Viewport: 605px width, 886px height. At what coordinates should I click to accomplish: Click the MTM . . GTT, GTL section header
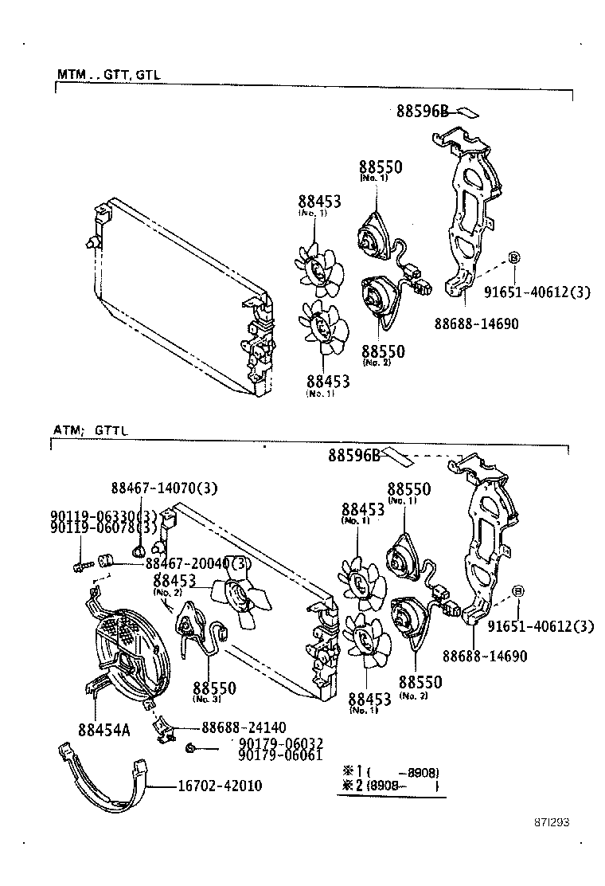coord(108,74)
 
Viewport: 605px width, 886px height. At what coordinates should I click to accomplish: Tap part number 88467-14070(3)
coord(164,488)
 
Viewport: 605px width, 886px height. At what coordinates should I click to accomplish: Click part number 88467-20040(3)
coord(197,563)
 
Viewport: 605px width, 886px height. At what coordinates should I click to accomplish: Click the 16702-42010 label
coord(220,786)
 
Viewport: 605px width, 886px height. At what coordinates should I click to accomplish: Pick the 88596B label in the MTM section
coord(423,112)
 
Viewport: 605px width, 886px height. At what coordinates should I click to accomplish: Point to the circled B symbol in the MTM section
coord(513,257)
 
